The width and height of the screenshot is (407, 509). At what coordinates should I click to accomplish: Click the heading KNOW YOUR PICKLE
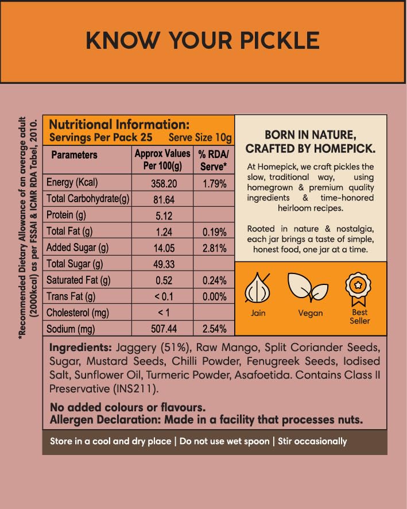(203, 41)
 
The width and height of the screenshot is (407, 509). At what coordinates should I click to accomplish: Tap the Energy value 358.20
(162, 183)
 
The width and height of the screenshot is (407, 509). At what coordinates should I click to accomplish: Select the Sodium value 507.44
(162, 329)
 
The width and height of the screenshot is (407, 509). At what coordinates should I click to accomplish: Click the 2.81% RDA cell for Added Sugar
(213, 248)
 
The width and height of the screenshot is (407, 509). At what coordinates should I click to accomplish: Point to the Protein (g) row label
(68, 215)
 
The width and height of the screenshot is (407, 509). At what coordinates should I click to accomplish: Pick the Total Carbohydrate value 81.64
(162, 199)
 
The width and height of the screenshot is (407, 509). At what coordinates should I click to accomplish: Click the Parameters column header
(74, 155)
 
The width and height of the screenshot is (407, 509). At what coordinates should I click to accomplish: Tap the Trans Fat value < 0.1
(162, 297)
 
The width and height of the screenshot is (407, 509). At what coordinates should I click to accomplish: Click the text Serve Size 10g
(200, 138)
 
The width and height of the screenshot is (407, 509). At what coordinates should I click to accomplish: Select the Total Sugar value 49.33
(162, 264)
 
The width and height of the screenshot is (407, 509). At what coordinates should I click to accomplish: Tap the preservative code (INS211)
(133, 388)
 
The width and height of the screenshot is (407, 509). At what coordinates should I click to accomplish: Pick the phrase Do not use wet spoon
(224, 441)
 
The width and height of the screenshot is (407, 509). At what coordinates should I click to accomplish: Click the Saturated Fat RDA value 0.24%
(213, 281)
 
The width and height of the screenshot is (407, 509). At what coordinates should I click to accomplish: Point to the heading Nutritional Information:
(119, 125)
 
